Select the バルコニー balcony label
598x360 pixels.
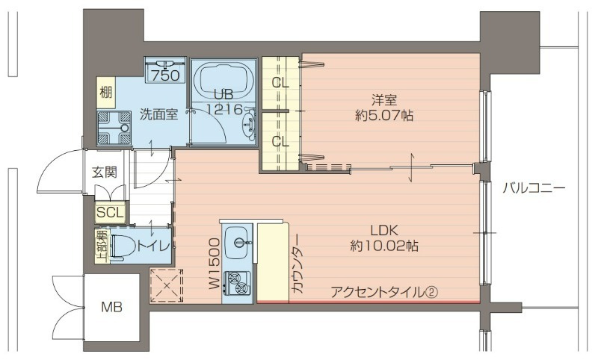point(533,188)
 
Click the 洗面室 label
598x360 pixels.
point(158,114)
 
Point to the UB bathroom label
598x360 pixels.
point(224,95)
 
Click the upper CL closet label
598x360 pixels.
point(280,83)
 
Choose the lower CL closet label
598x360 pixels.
point(280,140)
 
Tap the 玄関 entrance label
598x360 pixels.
point(105,172)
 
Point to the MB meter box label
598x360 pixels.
point(112,307)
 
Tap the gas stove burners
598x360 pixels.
point(238,283)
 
